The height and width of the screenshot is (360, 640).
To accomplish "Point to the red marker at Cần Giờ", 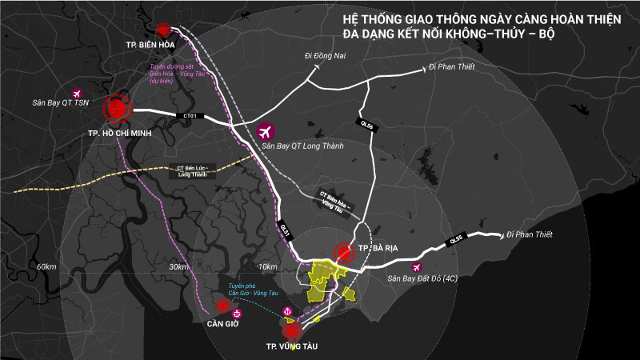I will point(222,305).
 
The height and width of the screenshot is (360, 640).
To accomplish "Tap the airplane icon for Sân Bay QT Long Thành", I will point(265,132).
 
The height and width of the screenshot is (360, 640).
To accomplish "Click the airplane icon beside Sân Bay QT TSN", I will point(78,93).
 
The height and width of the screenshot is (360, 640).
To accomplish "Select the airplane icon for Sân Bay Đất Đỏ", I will point(415,267).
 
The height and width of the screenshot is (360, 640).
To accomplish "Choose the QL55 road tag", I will point(455,238).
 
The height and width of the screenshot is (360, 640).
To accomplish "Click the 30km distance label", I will point(178,266).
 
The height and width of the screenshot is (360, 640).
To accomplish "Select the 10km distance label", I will point(267,266).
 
